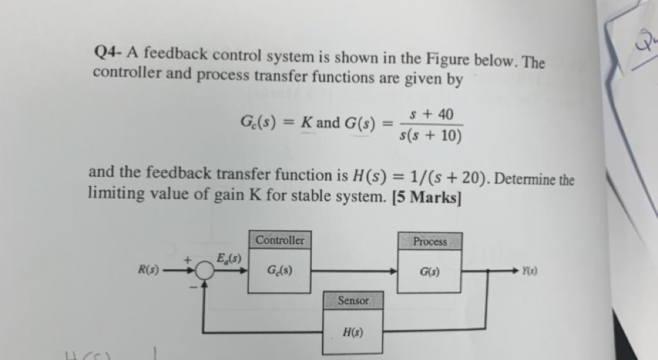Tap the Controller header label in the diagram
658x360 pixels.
click(280, 240)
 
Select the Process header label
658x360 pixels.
click(430, 242)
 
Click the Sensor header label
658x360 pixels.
click(353, 300)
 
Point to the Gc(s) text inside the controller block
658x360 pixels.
click(280, 270)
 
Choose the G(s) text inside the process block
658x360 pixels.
click(430, 271)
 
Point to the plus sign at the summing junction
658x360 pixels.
click(188, 260)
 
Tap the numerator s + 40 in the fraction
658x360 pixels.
click(430, 114)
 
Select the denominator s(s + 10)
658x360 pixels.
click(430, 136)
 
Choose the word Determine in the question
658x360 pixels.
click(525, 179)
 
